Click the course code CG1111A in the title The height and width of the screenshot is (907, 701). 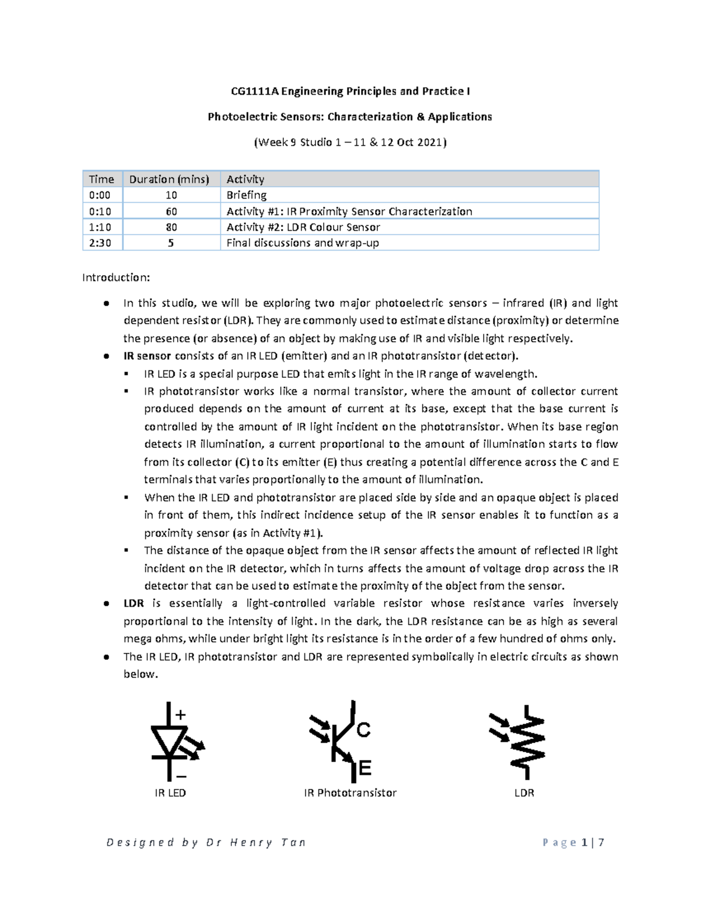point(253,91)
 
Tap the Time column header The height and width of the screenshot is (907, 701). point(101,179)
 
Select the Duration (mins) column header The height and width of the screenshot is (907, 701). point(169,179)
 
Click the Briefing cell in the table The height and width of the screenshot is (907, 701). point(247,195)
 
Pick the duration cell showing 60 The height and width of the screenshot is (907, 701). point(171,211)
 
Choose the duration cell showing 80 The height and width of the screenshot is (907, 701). point(171,227)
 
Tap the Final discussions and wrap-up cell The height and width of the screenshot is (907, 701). point(303,243)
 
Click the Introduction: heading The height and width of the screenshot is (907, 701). point(116,277)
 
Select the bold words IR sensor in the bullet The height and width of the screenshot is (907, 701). point(147,356)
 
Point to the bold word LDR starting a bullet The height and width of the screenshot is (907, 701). point(134,603)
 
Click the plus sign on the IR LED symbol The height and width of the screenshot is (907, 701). point(181,714)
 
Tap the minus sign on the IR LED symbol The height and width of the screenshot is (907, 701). point(181,776)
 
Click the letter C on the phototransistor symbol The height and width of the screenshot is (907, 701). point(363,730)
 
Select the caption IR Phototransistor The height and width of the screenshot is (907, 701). point(350,793)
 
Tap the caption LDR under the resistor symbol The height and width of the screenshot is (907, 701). point(524,793)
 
